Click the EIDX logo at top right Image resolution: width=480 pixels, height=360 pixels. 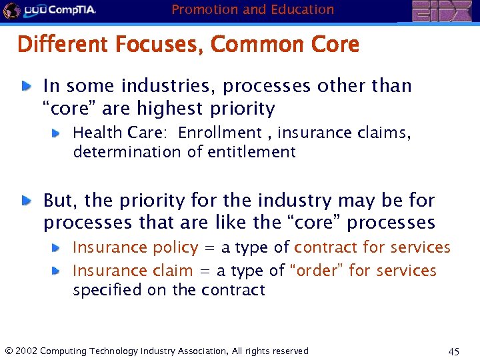[x=441, y=11]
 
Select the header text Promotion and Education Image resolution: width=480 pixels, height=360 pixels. [x=253, y=9]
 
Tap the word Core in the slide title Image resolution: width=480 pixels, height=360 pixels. [x=335, y=45]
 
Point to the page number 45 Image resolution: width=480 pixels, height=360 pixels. [x=454, y=351]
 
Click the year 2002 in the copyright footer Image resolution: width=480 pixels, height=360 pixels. [x=25, y=351]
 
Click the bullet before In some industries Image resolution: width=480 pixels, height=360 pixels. [x=25, y=86]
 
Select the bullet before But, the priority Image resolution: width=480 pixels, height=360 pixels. [x=25, y=200]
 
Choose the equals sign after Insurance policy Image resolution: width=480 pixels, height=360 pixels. [x=209, y=248]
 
